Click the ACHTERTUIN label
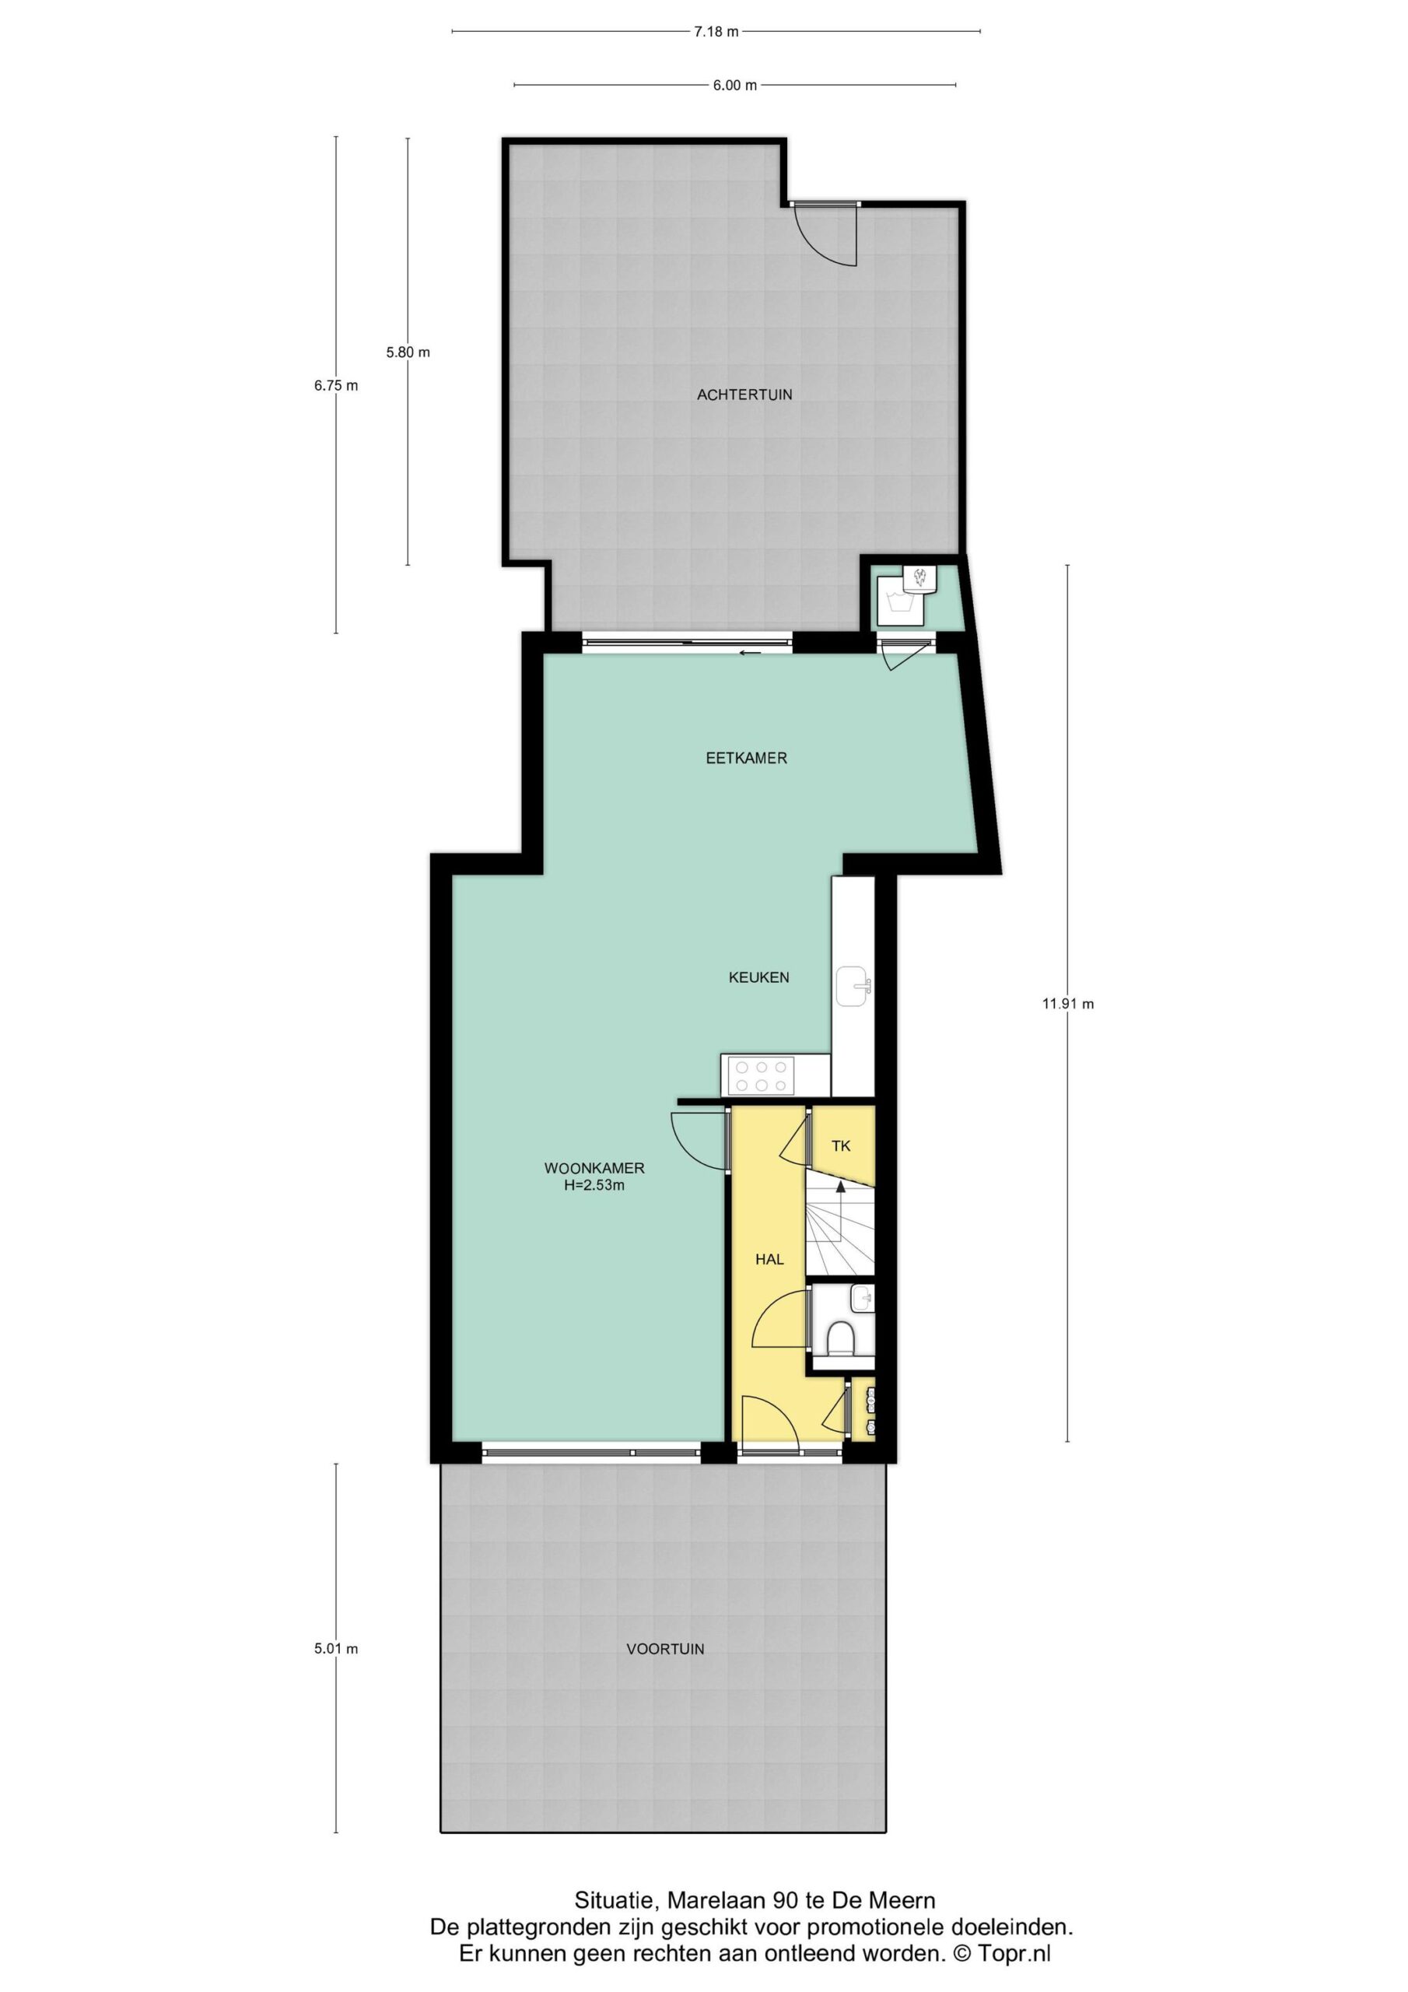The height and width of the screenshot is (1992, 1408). tap(744, 395)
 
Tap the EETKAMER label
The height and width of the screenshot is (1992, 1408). tap(746, 758)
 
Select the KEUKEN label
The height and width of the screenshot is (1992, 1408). tap(758, 978)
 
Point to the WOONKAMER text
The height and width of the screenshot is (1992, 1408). tap(594, 1169)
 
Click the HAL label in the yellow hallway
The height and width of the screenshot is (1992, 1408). tap(769, 1260)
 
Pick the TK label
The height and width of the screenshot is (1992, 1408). tap(841, 1146)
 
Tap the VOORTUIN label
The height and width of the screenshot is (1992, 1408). tap(665, 1650)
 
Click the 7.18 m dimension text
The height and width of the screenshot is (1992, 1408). tap(716, 32)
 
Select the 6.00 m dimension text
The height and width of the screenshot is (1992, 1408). tap(735, 85)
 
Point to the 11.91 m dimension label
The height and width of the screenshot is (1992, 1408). tap(1068, 1004)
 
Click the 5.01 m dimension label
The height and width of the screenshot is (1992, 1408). tap(336, 1650)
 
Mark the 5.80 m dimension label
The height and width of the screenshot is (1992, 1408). tap(408, 352)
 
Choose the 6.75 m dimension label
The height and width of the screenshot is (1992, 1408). tap(336, 386)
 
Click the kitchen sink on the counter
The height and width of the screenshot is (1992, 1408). tap(853, 986)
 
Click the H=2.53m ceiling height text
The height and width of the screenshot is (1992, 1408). tap(594, 1185)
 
